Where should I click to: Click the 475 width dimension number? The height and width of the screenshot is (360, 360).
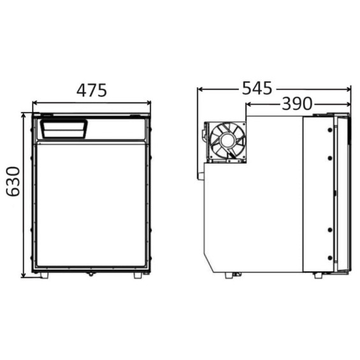point(92,90)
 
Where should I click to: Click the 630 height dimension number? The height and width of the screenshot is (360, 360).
point(13,182)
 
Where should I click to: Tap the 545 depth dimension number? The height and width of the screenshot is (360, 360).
point(257,88)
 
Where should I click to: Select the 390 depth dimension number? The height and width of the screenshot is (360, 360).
point(297,104)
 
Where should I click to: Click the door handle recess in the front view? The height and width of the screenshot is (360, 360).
point(64,129)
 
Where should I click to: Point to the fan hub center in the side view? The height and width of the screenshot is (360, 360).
point(227,141)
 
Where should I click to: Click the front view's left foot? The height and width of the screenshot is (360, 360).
point(45,275)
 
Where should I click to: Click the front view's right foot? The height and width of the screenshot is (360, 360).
point(138,275)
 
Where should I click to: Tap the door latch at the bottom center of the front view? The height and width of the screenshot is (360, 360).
point(91,274)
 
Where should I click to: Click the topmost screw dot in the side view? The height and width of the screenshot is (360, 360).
point(330,130)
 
